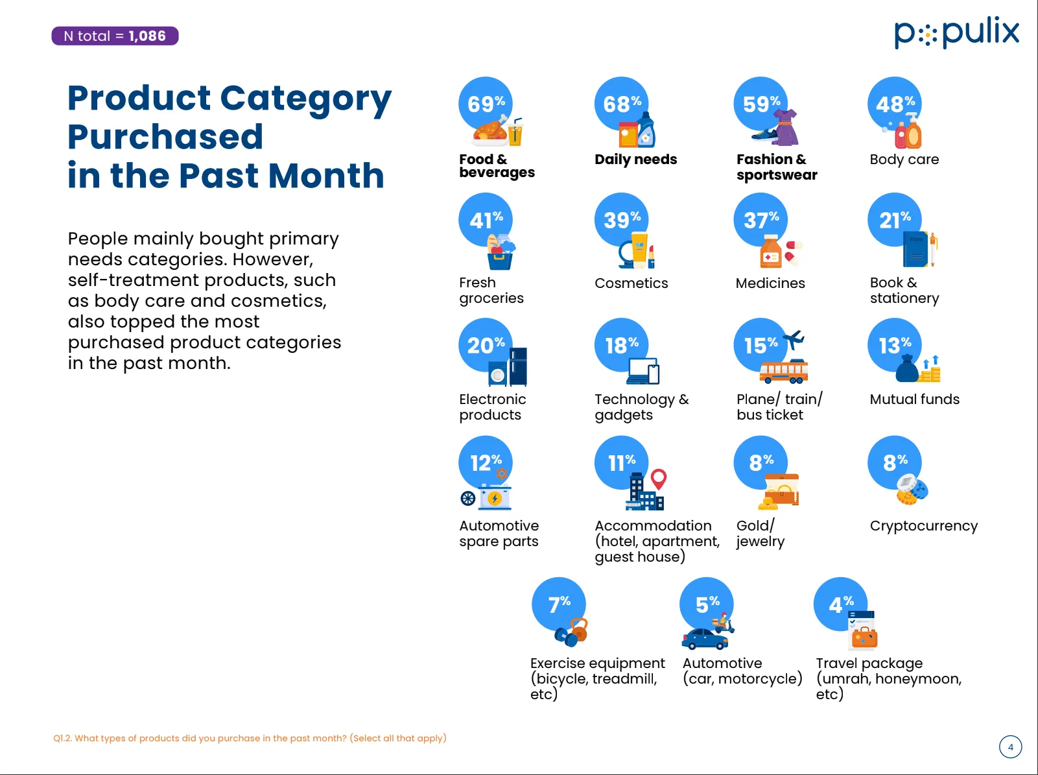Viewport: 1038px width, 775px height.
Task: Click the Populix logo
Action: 956,32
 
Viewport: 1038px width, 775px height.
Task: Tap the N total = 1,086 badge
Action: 115,36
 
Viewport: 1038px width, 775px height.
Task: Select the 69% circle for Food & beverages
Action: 486,104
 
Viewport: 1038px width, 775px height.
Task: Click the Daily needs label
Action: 635,160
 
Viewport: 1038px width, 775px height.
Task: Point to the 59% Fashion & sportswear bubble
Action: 761,104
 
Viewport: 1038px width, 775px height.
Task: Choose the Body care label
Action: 904,160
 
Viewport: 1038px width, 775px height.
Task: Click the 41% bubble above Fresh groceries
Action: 486,221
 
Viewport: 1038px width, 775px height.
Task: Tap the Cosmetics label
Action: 631,283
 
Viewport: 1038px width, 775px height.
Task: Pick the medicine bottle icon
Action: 771,253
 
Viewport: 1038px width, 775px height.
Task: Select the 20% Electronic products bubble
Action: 486,345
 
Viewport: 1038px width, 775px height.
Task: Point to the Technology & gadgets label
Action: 641,407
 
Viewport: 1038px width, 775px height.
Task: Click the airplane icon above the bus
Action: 794,339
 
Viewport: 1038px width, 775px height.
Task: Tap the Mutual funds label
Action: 914,399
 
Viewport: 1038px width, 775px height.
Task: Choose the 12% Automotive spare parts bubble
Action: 486,463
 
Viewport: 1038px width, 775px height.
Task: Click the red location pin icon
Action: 659,479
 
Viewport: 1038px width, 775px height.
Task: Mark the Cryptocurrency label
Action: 923,526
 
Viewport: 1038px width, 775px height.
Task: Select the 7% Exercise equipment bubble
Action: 559,604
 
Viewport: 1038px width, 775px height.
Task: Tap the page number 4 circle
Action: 1010,747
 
